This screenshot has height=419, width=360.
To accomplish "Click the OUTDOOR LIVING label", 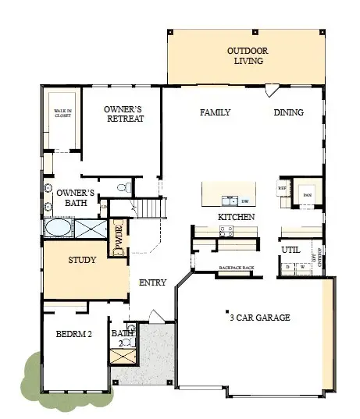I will [248, 56].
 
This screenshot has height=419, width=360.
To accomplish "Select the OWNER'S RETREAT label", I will [123, 114].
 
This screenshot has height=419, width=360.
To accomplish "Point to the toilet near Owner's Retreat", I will [122, 187].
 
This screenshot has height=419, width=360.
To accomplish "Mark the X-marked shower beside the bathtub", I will [89, 229].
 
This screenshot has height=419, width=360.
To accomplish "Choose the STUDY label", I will [82, 260].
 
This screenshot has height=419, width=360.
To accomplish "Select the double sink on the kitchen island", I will [230, 200].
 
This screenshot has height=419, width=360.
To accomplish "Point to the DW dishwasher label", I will [244, 201].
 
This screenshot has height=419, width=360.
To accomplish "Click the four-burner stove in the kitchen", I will [226, 230].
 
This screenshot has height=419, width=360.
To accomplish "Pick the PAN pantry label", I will [307, 194].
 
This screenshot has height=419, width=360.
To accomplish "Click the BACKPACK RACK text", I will [236, 267].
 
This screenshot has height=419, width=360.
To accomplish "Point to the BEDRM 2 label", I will [74, 334].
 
